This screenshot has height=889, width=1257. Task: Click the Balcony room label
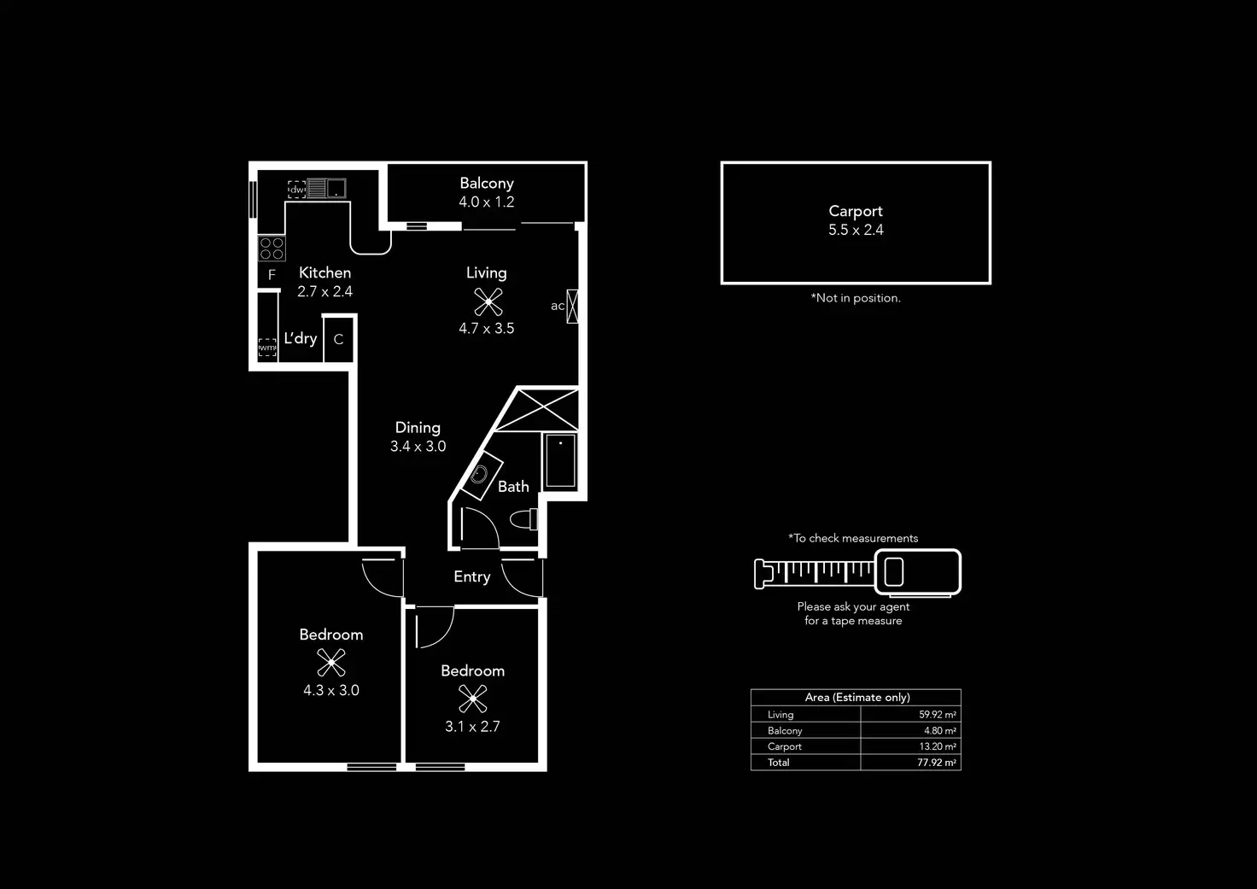pyautogui.click(x=486, y=184)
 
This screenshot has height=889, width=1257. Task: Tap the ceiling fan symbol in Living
pyautogui.click(x=488, y=301)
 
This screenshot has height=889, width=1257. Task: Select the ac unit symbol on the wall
pyautogui.click(x=572, y=307)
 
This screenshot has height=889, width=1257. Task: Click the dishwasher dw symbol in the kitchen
pyautogui.click(x=296, y=190)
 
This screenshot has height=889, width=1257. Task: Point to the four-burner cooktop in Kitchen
pyautogui.click(x=272, y=249)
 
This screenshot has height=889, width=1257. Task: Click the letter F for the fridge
pyautogui.click(x=272, y=275)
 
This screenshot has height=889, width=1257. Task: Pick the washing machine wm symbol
pyautogui.click(x=267, y=348)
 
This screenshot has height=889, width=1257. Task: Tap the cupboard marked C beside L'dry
pyautogui.click(x=338, y=340)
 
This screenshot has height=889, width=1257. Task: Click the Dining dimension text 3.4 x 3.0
pyautogui.click(x=418, y=447)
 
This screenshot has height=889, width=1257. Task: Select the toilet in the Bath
pyautogui.click(x=524, y=518)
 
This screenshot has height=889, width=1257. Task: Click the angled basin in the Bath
pyautogui.click(x=480, y=475)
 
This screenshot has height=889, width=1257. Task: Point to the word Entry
pyautogui.click(x=471, y=577)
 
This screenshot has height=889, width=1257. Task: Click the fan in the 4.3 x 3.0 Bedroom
pyautogui.click(x=330, y=663)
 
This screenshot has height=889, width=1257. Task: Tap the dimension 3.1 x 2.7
pyautogui.click(x=472, y=727)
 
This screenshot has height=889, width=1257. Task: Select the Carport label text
pyautogui.click(x=855, y=211)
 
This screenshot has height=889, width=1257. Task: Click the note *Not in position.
pyautogui.click(x=856, y=298)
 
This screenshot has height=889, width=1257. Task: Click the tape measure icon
pyautogui.click(x=857, y=572)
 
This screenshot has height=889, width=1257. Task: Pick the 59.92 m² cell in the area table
pyautogui.click(x=937, y=715)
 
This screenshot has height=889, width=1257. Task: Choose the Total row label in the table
pyautogui.click(x=779, y=763)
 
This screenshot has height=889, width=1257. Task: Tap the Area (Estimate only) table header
pyautogui.click(x=857, y=698)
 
